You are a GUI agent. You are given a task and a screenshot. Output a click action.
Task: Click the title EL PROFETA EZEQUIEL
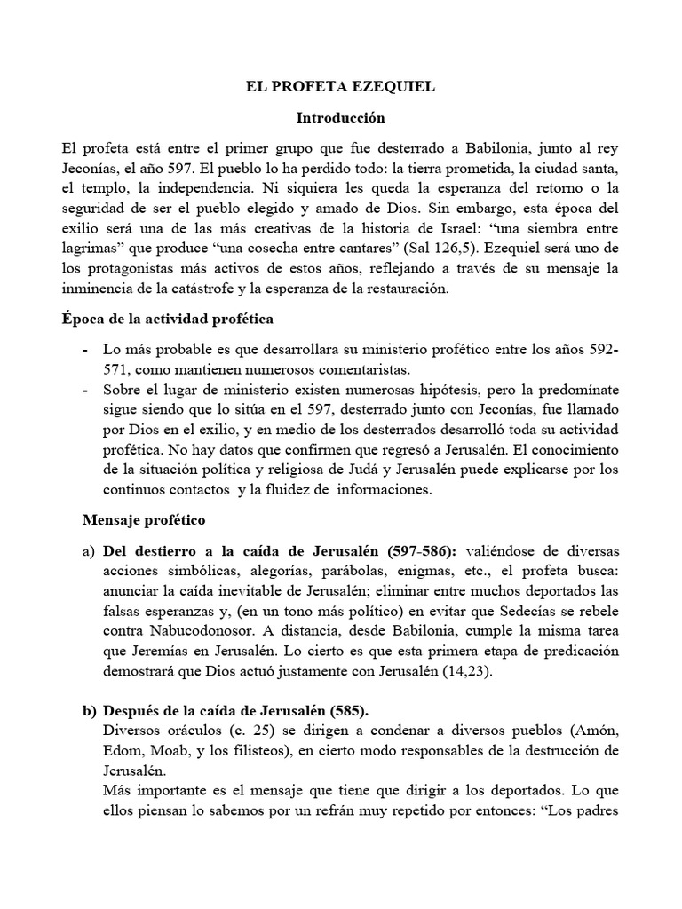pos(341,89)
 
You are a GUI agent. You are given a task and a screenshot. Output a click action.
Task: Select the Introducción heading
pos(341,116)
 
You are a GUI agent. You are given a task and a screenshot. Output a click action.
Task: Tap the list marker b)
pos(89,712)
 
